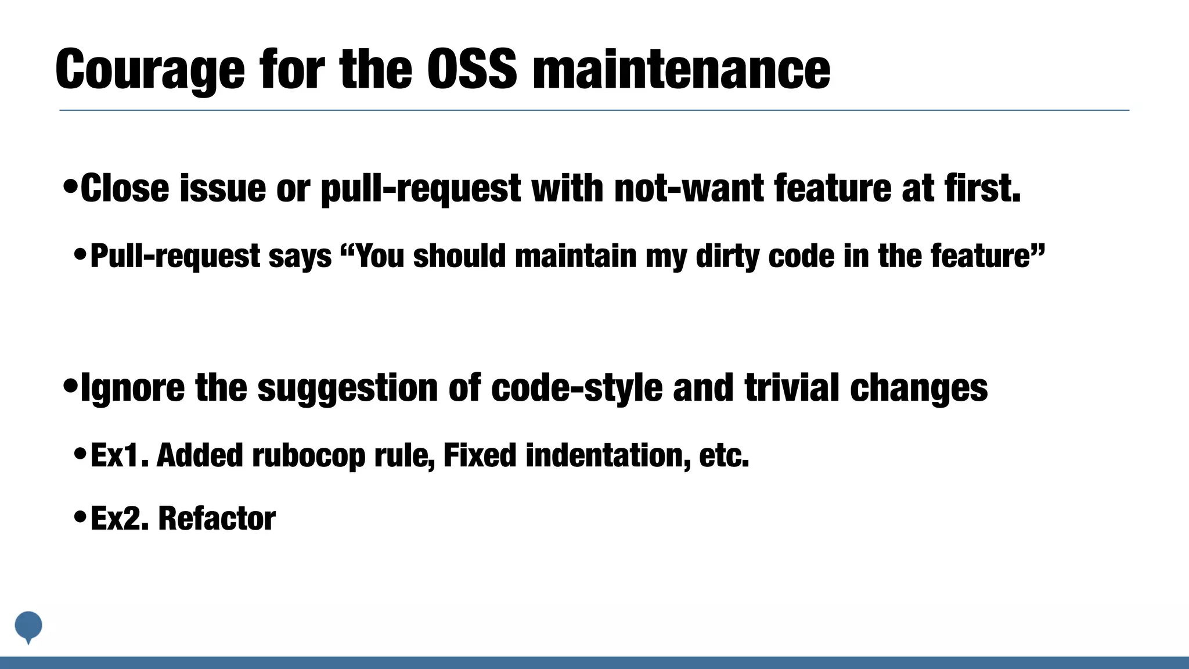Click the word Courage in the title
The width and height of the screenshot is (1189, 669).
150,70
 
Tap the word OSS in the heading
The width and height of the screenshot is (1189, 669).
471,70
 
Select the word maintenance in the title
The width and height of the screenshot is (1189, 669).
681,70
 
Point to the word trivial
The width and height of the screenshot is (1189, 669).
792,388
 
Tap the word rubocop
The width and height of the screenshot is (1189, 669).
309,455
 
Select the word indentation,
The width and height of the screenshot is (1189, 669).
608,455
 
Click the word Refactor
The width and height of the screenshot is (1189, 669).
217,519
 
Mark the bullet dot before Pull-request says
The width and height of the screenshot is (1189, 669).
81,254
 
